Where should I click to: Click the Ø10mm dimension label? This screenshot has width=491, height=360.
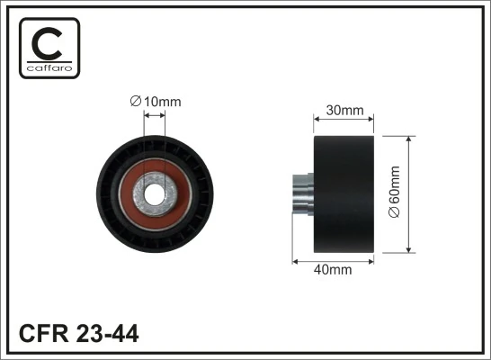pyautogui.click(x=155, y=103)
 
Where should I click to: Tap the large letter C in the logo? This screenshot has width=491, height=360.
pyautogui.click(x=49, y=42)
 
